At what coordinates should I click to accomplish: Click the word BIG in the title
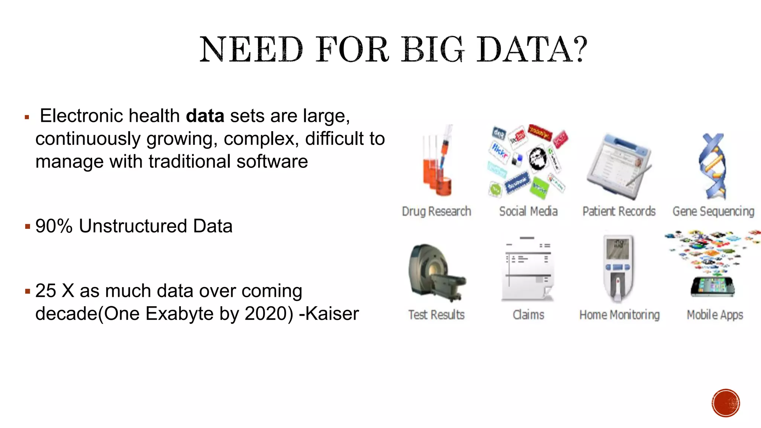pyautogui.click(x=433, y=50)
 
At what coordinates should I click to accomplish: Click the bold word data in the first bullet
pyautogui.click(x=205, y=116)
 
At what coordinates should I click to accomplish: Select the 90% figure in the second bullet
pyautogui.click(x=54, y=226)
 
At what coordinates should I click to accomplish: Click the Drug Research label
pyautogui.click(x=436, y=211)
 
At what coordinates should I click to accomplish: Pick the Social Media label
pyautogui.click(x=528, y=211)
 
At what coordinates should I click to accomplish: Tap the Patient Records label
pyautogui.click(x=619, y=211)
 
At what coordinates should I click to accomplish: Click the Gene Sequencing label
pyautogui.click(x=713, y=211)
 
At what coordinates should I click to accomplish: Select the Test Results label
pyautogui.click(x=436, y=315)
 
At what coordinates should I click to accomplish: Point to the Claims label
pyautogui.click(x=528, y=315)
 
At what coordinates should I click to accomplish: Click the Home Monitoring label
pyautogui.click(x=619, y=315)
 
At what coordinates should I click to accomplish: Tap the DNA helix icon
pyautogui.click(x=713, y=166)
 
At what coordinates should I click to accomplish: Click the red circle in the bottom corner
pyautogui.click(x=726, y=403)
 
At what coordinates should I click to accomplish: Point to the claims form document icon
pyautogui.click(x=528, y=269)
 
